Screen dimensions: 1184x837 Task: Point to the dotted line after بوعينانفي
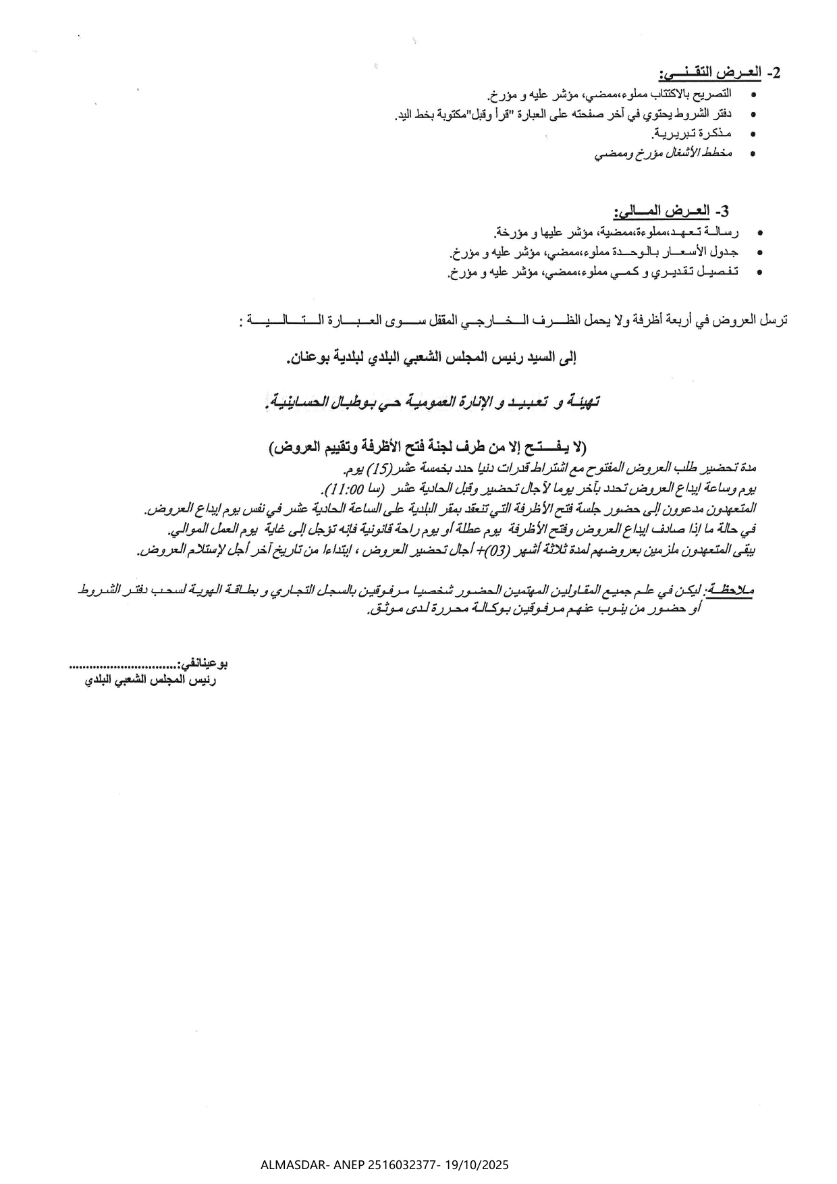click(122, 666)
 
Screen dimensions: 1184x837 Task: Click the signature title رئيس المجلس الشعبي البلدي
click(151, 681)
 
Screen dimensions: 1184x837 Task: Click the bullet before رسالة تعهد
click(761, 234)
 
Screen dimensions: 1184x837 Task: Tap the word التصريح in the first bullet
click(717, 93)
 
